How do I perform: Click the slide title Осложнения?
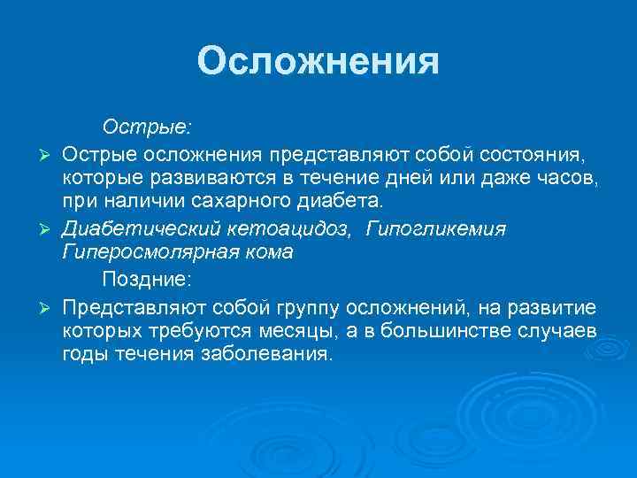point(318,62)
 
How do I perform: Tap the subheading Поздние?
point(145,280)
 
